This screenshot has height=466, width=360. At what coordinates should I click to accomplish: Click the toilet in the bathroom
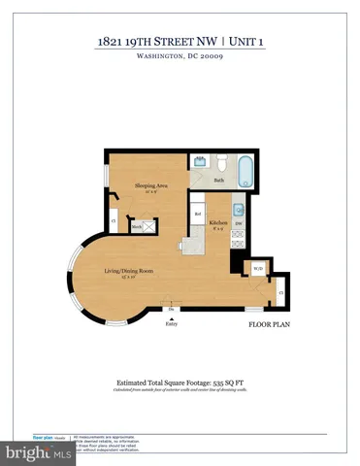[x=220, y=160]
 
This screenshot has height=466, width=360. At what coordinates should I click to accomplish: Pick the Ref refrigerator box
[x=198, y=214]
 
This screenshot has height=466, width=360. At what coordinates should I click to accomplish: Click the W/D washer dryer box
[x=258, y=268]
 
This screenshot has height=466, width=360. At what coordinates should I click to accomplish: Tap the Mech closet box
[x=138, y=226]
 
